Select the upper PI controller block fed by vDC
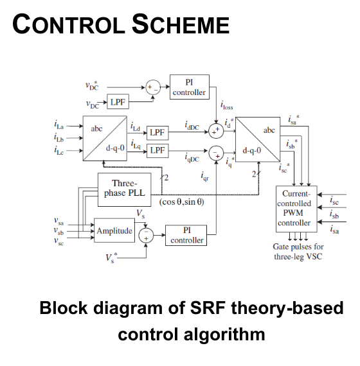click(190, 86)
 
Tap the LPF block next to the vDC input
click(117, 103)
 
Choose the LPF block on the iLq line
click(157, 150)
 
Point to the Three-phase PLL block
click(123, 189)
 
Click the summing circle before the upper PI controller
click(153, 87)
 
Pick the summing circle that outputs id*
click(217, 132)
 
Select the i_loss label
click(227, 107)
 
